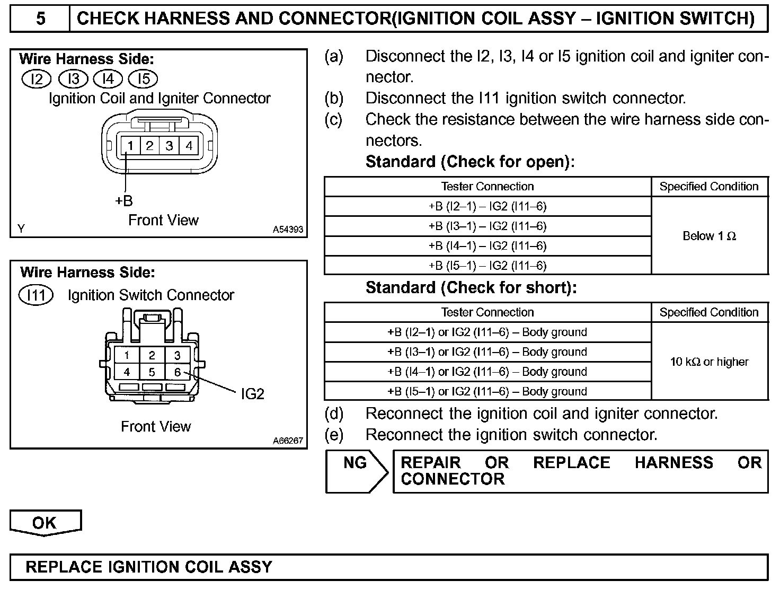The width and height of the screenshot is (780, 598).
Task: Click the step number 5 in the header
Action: pos(40,19)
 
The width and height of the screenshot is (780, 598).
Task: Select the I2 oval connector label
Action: pos(36,79)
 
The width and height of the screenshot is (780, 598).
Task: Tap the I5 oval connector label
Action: pos(144,79)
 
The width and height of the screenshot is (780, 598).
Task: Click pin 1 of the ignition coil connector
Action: pos(130,146)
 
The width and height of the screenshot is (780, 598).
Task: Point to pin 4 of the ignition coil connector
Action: pos(189,146)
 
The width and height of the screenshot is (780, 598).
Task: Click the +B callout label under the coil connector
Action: pos(123,201)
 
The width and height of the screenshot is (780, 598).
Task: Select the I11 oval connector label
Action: pos(36,295)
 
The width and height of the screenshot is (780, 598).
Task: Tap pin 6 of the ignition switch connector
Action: pos(178,372)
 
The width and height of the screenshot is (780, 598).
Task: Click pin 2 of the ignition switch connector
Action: pos(152,355)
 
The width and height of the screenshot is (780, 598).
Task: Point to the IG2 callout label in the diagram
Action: pos(252,394)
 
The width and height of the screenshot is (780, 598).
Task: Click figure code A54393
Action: pos(288,230)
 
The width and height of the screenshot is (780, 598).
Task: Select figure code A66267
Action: pos(288,441)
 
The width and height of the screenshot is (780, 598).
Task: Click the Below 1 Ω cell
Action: pos(710,236)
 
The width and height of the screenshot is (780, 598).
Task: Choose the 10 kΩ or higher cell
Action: pos(710,362)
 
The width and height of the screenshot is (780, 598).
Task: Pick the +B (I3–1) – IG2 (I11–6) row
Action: pos(487,226)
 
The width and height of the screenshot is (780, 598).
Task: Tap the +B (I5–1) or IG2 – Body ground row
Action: pos(487,391)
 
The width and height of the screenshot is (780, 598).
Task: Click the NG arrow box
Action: pos(356,471)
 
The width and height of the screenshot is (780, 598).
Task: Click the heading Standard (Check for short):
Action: pos(471,288)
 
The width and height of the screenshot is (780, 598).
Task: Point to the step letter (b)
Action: pos(334,98)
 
